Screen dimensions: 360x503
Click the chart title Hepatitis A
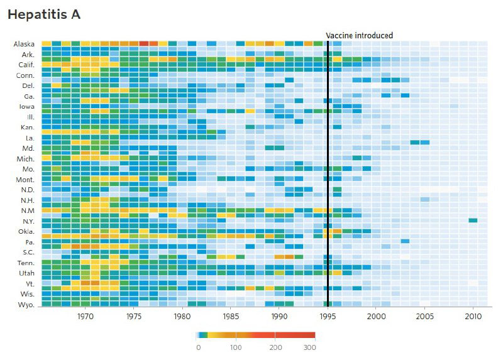click(x=43, y=14)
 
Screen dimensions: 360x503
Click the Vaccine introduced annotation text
click(x=359, y=36)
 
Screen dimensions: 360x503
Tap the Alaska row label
click(x=25, y=44)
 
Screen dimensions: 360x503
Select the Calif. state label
click(x=26, y=65)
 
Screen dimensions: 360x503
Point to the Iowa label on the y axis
click(x=27, y=107)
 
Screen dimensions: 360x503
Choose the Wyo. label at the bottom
click(x=26, y=305)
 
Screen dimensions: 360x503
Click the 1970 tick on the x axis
click(x=86, y=317)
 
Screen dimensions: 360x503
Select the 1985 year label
click(x=230, y=317)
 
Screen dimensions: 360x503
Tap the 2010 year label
click(x=472, y=317)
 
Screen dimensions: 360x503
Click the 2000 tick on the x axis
click(x=376, y=317)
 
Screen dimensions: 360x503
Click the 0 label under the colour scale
click(x=199, y=347)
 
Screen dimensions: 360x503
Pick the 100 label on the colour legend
click(x=236, y=347)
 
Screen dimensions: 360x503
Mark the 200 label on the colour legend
click(x=275, y=347)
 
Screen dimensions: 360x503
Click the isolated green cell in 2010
click(x=473, y=220)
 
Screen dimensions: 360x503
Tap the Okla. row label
click(x=26, y=232)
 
